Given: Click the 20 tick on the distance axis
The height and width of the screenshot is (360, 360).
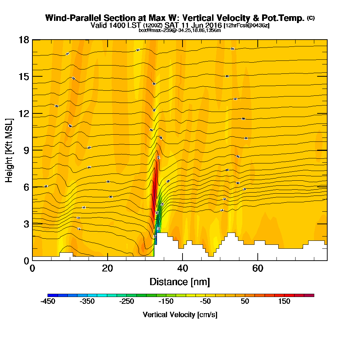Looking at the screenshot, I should tap(108, 268).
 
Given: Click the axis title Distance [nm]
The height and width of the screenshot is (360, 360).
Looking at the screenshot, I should tap(180, 282).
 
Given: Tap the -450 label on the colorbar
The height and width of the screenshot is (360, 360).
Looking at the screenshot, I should tap(48, 302).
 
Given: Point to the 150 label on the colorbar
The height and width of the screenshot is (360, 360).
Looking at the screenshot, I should tap(284, 302).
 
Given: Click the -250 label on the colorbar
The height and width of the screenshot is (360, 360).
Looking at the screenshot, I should tap(126, 302).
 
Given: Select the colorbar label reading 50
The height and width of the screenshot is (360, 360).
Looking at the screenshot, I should tap(245, 302).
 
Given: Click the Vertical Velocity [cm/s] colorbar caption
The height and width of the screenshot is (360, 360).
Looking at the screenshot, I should tap(180, 315).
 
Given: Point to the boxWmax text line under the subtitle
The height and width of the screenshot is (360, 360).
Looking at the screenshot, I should tap(180, 30).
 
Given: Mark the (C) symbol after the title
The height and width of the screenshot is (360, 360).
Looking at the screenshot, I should tap(311, 18).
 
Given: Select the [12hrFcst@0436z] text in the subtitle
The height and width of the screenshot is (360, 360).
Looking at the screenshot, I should tap(247, 26).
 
